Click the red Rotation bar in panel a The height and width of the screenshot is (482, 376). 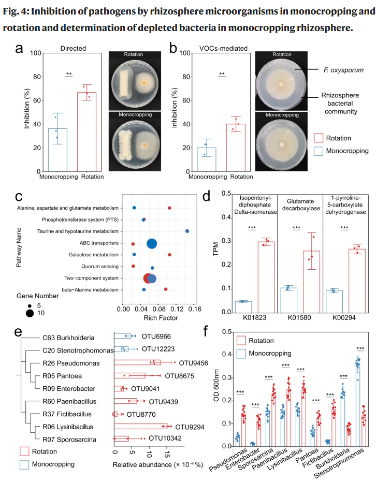86,132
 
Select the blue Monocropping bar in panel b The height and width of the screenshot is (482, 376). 206,159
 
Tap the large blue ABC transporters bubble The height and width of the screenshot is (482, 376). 152,243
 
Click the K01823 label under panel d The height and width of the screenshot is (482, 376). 255,317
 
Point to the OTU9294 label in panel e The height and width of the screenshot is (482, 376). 190,427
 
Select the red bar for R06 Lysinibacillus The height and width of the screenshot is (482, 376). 141,427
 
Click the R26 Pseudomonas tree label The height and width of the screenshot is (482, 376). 71,363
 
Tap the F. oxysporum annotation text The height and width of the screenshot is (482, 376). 343,70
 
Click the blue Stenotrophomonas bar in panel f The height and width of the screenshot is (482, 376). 357,404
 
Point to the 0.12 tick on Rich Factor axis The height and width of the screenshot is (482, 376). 177,309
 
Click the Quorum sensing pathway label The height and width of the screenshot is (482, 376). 100,267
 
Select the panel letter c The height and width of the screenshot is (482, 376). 19,196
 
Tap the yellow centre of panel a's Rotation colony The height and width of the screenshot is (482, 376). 144,83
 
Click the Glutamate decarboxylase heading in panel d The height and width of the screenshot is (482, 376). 301,205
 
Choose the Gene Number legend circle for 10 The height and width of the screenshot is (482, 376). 30,313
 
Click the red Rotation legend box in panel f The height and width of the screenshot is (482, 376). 241,341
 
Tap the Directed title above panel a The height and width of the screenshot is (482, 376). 73,48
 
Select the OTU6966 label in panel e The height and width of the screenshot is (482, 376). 156,337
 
